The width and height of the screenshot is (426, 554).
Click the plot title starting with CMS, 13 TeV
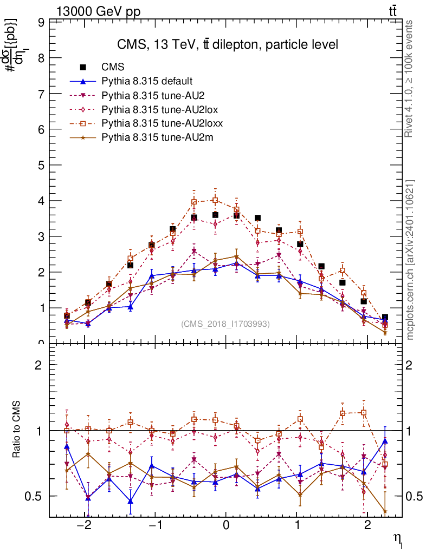(228, 44)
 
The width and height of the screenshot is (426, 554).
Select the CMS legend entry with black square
(113, 68)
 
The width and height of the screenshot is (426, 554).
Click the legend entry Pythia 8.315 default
(147, 82)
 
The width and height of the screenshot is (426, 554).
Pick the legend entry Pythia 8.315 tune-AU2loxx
(162, 123)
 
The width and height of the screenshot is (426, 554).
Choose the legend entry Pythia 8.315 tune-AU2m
(157, 137)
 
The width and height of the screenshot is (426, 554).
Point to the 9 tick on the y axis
(41, 23)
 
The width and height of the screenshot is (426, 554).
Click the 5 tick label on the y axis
(41, 165)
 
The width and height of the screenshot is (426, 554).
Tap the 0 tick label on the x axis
(226, 525)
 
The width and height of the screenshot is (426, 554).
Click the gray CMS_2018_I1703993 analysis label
(225, 324)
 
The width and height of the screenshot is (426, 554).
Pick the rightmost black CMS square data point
(385, 318)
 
